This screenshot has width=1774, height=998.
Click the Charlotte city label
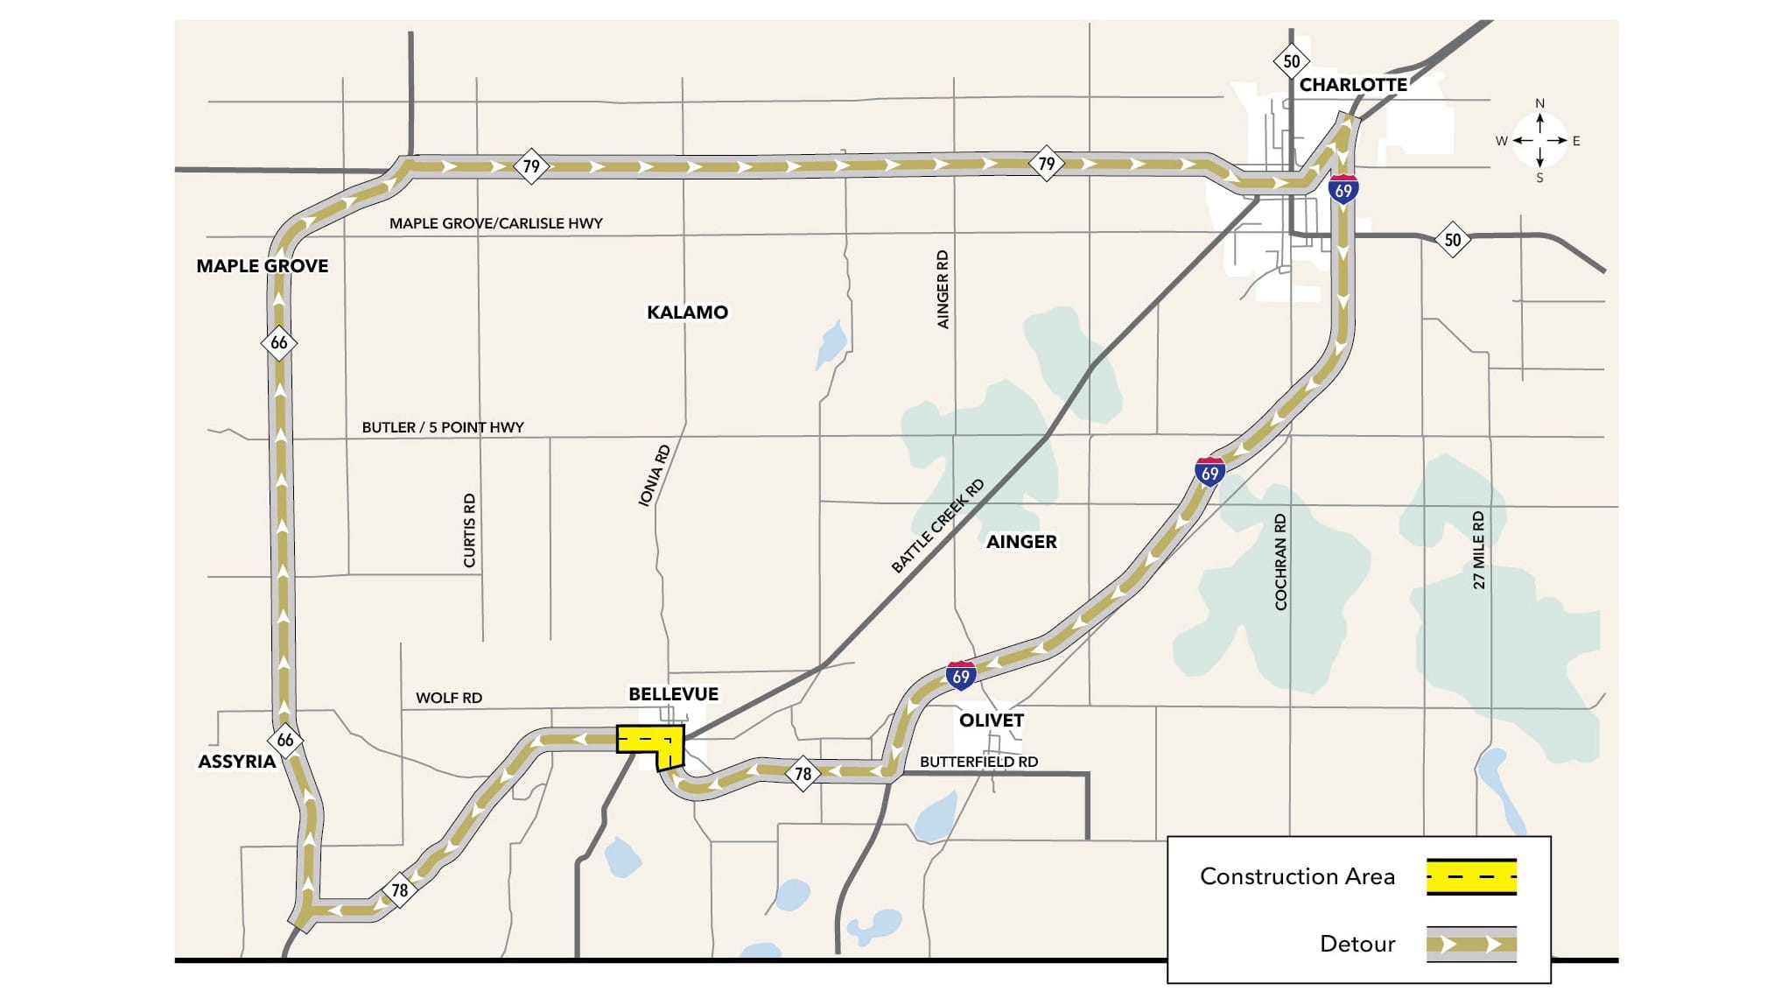tap(1352, 85)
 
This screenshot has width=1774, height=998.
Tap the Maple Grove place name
tap(262, 266)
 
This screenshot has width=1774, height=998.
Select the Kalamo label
tap(687, 313)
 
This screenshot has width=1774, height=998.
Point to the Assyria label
tap(236, 762)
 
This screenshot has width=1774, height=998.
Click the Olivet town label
tap(991, 720)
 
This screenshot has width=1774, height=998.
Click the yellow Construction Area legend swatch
tap(1470, 876)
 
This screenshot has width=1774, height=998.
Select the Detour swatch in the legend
tap(1470, 945)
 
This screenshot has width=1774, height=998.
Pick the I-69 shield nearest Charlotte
tap(1343, 189)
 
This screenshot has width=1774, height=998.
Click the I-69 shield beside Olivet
tap(960, 676)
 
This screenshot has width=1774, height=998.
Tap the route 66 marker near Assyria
tap(285, 741)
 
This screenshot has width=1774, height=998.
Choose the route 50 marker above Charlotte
tap(1291, 61)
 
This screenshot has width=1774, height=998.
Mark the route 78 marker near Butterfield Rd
tap(803, 774)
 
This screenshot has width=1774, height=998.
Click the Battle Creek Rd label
tap(937, 526)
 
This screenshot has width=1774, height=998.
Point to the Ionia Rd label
tap(654, 475)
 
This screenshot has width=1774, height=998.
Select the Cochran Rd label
tap(1280, 561)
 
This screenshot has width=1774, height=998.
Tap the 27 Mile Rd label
tap(1478, 550)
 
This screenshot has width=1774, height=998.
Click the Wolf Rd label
tap(448, 698)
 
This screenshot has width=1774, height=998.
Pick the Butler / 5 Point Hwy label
tap(442, 427)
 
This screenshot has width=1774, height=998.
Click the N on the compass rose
tap(1539, 103)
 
